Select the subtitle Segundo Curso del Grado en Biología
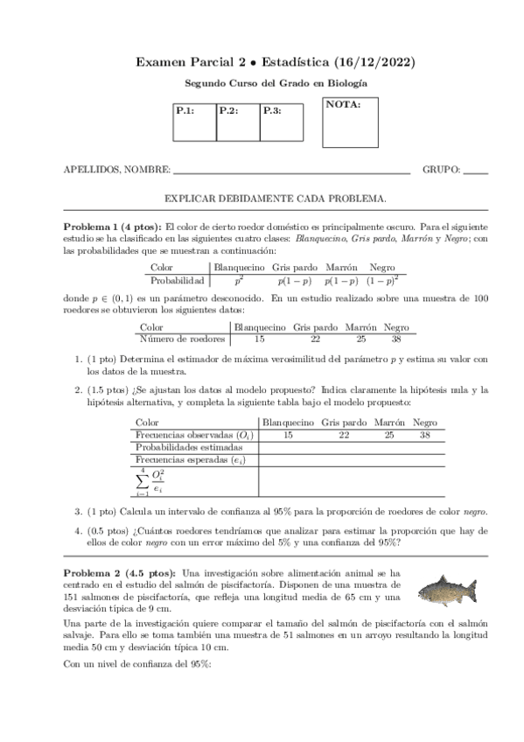click(276, 83)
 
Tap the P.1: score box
click(194, 122)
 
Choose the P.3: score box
click(283, 122)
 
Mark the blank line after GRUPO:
click(475, 172)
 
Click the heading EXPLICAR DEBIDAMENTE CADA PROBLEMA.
click(276, 199)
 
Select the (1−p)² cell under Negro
click(381, 281)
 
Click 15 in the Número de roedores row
click(258, 339)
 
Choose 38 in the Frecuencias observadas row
click(425, 435)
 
